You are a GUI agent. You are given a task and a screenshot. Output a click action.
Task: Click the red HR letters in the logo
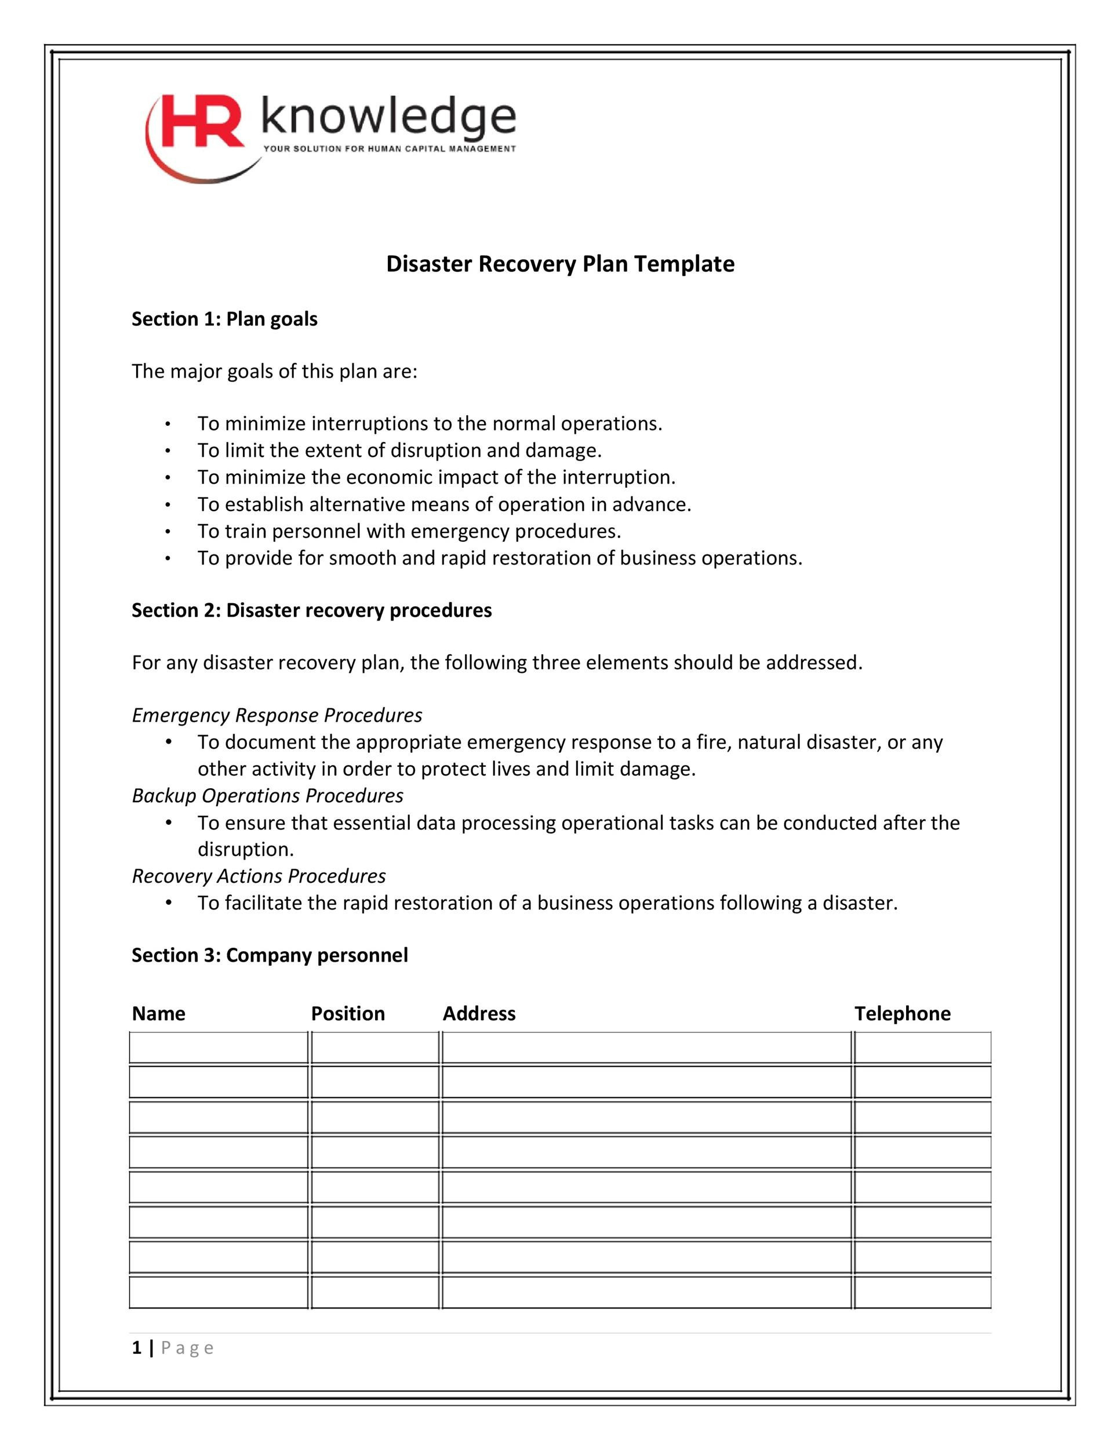pos(202,121)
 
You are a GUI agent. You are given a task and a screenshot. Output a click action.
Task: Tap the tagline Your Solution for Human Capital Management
pos(390,148)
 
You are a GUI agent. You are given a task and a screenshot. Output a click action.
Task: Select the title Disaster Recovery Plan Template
pos(560,264)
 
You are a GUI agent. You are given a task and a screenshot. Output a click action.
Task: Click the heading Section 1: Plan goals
pos(224,320)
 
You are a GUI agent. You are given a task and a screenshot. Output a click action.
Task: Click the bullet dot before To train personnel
pos(169,532)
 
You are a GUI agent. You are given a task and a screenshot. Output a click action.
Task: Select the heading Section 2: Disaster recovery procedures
pos(311,610)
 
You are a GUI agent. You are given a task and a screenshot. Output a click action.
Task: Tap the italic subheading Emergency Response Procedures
pos(277,715)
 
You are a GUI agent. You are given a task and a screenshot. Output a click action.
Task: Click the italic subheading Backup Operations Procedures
pos(267,795)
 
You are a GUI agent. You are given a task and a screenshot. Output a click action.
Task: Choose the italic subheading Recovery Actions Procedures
pos(259,876)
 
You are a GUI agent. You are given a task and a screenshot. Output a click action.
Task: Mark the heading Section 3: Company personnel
pos(270,955)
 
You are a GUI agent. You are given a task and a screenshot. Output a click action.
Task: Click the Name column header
pos(159,1013)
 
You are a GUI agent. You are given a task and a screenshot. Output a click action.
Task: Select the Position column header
pos(348,1013)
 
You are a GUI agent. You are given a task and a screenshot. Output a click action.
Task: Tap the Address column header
pos(479,1013)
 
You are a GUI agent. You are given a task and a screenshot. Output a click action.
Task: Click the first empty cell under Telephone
pos(922,1047)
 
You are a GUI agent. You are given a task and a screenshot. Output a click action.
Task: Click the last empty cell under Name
pos(219,1292)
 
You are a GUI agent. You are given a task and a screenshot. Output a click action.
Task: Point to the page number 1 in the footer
pos(137,1348)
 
